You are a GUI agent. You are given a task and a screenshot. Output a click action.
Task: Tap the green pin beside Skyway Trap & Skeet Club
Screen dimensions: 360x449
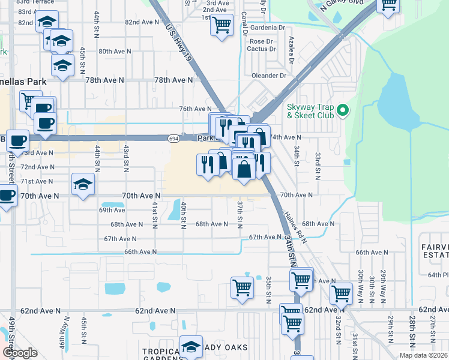pos(343,110)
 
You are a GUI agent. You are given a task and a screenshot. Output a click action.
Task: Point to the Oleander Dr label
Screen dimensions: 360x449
pos(270,76)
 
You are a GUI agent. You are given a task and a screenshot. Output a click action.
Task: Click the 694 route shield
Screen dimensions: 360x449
pos(172,137)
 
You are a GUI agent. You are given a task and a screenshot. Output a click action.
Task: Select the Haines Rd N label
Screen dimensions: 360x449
pos(295,227)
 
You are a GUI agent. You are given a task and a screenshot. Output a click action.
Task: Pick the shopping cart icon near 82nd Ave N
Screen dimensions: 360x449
pos(222,25)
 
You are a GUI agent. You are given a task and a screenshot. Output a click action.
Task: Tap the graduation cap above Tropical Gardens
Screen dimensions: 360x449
pos(191,346)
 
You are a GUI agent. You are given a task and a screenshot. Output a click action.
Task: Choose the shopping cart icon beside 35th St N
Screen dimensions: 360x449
pos(242,287)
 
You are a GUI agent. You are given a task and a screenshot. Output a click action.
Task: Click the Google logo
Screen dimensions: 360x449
pos(20,353)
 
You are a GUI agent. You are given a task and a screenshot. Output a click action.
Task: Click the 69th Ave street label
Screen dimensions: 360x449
pos(112,210)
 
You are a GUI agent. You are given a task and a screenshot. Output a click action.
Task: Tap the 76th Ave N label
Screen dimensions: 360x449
pos(194,109)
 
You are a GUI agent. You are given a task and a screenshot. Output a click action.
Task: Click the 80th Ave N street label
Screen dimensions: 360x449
pos(115,52)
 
